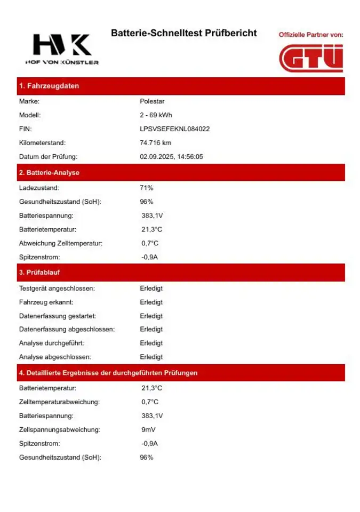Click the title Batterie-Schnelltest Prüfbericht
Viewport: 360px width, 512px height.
click(183, 33)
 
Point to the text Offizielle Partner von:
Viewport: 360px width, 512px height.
click(310, 35)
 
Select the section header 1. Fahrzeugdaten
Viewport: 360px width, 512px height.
click(49, 86)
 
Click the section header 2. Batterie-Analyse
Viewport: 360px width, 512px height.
click(49, 173)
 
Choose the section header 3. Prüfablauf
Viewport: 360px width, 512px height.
click(39, 272)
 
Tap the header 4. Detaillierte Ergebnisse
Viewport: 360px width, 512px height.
click(108, 373)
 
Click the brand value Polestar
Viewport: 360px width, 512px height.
click(152, 101)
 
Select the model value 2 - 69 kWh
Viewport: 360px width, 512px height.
click(156, 115)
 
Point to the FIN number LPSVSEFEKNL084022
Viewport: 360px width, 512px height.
click(174, 129)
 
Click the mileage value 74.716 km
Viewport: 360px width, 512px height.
click(155, 143)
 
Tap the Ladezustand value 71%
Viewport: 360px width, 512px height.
click(146, 188)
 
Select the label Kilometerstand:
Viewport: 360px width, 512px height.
click(42, 143)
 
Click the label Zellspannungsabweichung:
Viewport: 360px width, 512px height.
click(60, 429)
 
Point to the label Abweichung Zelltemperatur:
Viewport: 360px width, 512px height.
click(60, 243)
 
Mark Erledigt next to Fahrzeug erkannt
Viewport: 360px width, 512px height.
click(151, 302)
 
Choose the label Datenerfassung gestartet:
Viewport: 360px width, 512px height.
click(58, 316)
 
